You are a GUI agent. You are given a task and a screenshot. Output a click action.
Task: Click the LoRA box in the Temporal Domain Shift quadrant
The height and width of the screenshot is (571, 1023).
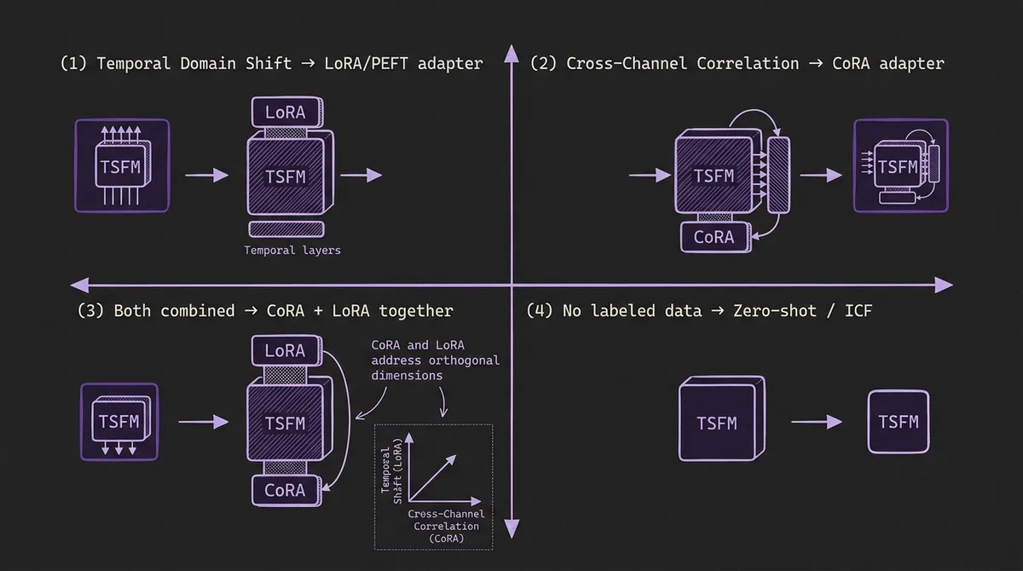[285, 112]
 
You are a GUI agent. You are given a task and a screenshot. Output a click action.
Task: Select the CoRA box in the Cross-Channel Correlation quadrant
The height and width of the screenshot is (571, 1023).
[714, 236]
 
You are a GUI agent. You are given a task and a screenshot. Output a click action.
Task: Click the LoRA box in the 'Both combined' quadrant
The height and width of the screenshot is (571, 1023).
[285, 350]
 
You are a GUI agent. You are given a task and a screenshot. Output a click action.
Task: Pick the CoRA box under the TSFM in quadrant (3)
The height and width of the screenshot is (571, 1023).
[285, 490]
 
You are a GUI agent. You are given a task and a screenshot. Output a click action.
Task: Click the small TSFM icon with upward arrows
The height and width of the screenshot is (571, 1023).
[122, 164]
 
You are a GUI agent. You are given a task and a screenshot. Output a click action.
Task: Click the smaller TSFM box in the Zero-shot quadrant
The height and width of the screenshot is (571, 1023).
[899, 422]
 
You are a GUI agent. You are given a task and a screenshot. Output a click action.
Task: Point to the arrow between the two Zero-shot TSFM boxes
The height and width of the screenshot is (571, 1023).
[817, 422]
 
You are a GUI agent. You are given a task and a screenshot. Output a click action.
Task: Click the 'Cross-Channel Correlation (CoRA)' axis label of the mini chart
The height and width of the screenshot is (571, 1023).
[447, 526]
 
